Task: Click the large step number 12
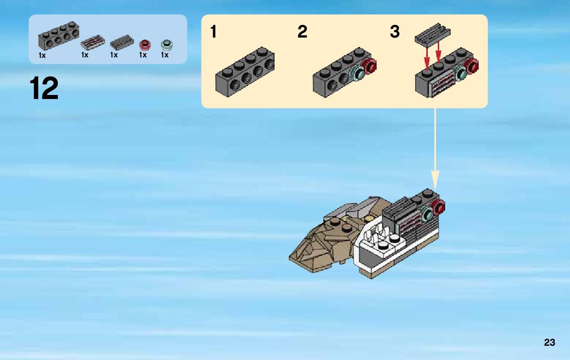click(x=44, y=88)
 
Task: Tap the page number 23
click(x=549, y=343)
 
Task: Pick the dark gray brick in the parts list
click(x=58, y=36)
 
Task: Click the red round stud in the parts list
click(x=146, y=44)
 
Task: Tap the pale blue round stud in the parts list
click(x=166, y=44)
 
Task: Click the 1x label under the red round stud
click(x=143, y=55)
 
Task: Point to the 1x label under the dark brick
click(x=42, y=55)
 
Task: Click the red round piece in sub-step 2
click(x=371, y=67)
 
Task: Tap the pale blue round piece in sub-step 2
click(x=358, y=74)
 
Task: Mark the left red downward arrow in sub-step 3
click(x=427, y=58)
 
